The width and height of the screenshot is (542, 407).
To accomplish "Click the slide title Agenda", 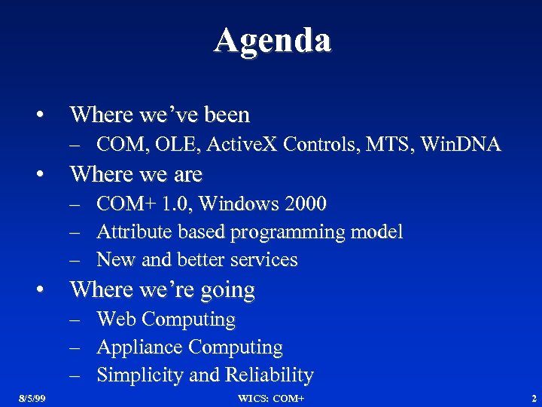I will [x=272, y=41].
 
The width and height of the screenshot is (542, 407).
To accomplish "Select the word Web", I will [x=117, y=319].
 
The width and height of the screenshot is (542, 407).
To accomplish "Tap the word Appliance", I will [x=140, y=347].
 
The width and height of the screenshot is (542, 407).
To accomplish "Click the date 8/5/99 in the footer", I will [x=32, y=398].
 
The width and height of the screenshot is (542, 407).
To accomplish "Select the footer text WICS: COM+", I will [x=271, y=398].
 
